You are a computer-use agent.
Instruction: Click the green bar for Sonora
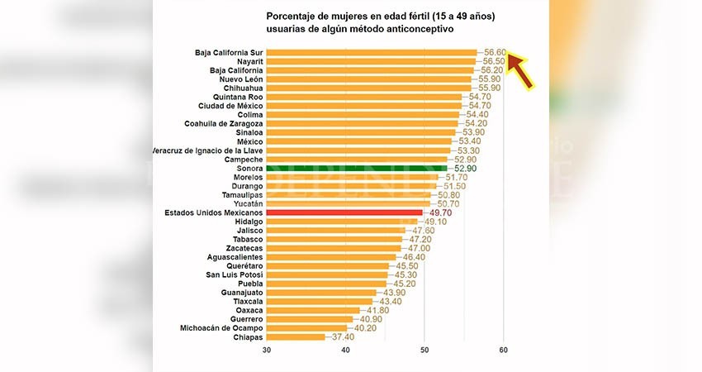pyautogui.click(x=355, y=169)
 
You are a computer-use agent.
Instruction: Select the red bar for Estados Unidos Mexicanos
pyautogui.click(x=344, y=212)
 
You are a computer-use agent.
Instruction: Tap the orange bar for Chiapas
pyautogui.click(x=296, y=336)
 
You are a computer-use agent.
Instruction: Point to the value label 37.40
pyautogui.click(x=342, y=336)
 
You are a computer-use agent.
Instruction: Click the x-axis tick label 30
pyautogui.click(x=267, y=351)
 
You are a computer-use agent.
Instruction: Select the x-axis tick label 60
pyautogui.click(x=503, y=351)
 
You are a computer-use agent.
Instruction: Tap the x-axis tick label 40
pyautogui.click(x=346, y=351)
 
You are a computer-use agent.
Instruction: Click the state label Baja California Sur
pyautogui.click(x=229, y=52)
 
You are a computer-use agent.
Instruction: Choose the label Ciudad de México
pyautogui.click(x=230, y=106)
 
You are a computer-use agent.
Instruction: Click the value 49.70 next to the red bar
pyautogui.click(x=439, y=212)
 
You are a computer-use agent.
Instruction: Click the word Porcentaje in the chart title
pyautogui.click(x=292, y=16)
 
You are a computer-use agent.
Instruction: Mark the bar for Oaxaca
pyautogui.click(x=313, y=310)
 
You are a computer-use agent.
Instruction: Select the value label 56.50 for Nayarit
pyautogui.click(x=494, y=61)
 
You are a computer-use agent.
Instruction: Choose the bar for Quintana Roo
pyautogui.click(x=363, y=97)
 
